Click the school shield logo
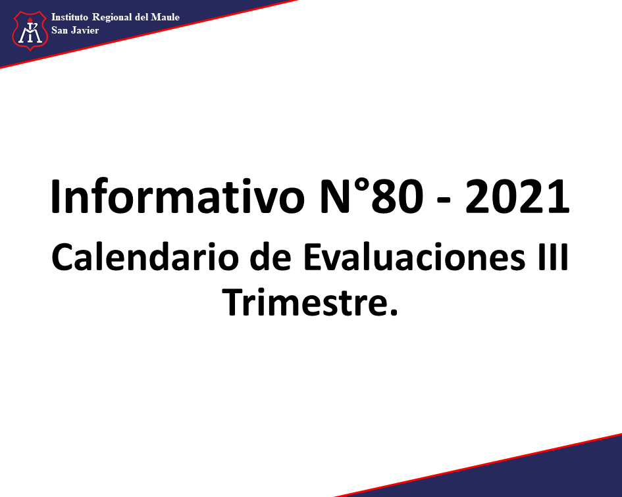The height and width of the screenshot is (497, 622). pos(30,30)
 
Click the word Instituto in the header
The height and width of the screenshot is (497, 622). pos(69,17)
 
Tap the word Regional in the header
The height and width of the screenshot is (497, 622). pos(112,18)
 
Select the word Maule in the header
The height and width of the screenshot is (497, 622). pos(165,17)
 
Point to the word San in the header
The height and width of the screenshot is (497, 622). pos(59,30)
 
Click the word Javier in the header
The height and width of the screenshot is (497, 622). pos(85,30)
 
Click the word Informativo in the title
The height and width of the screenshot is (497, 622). pos(177,197)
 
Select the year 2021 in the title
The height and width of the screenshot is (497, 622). pos(517,197)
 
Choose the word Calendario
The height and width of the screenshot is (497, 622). pos(144,257)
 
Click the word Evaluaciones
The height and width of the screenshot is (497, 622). pos(415,257)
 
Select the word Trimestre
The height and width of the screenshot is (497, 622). pos(302,302)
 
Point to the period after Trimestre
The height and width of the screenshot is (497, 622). pos(393,312)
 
